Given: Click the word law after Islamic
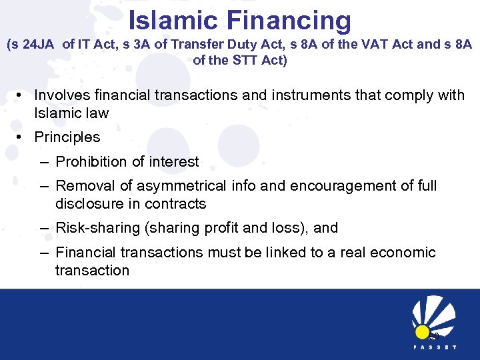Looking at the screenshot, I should (x=97, y=113).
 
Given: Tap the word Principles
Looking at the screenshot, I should (x=67, y=137).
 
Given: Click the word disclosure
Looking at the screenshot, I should (x=88, y=203).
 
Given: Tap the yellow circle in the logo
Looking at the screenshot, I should (x=422, y=331).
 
